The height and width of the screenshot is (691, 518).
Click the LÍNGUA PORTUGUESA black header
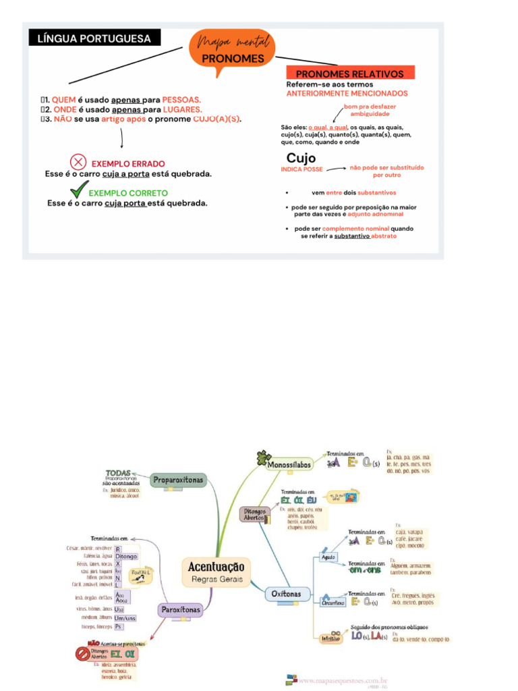[95, 38]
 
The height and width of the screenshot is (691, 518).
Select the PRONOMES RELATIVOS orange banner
[350, 73]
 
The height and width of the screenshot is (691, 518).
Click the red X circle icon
[79, 163]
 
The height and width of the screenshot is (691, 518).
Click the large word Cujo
[301, 158]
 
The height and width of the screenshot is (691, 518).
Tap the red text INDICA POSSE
[301, 169]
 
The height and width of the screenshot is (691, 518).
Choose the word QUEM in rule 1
[63, 100]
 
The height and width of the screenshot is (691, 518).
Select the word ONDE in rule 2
[65, 109]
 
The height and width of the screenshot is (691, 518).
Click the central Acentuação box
[216, 570]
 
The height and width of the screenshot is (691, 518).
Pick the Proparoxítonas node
[178, 480]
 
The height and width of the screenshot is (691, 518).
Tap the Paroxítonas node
[180, 610]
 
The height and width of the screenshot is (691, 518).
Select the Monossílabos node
[289, 465]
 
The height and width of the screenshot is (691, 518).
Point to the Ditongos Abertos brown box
[255, 515]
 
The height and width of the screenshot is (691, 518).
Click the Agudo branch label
[328, 557]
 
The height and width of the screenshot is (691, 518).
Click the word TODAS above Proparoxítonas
[118, 472]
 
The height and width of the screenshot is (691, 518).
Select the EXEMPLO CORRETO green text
[129, 193]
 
